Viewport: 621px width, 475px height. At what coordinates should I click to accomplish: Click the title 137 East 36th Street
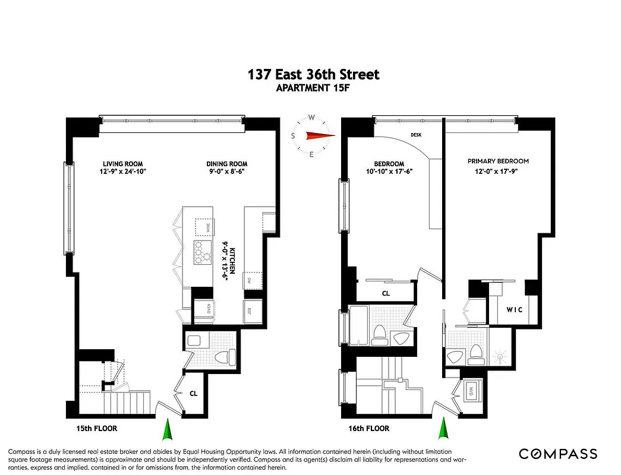click(313, 74)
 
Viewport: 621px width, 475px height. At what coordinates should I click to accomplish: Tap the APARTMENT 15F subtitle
click(313, 88)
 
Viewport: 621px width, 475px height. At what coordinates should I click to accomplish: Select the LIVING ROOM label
click(122, 164)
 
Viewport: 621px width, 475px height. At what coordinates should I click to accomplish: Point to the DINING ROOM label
click(227, 164)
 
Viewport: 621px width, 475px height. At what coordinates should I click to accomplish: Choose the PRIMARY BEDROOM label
click(498, 161)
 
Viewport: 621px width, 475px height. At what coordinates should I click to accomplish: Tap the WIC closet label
click(515, 309)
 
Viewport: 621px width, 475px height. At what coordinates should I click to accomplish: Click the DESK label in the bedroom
click(416, 135)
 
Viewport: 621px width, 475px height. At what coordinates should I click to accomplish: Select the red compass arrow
click(320, 136)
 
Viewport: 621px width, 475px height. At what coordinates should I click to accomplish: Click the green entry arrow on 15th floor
click(168, 428)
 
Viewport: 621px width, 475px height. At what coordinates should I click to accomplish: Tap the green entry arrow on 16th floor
click(443, 428)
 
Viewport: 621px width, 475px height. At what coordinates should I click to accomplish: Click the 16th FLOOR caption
click(368, 428)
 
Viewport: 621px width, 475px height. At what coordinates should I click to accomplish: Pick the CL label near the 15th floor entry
click(193, 392)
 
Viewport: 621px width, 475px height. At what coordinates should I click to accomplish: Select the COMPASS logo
click(557, 454)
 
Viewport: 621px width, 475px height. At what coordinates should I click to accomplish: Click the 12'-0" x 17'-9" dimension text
click(498, 172)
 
